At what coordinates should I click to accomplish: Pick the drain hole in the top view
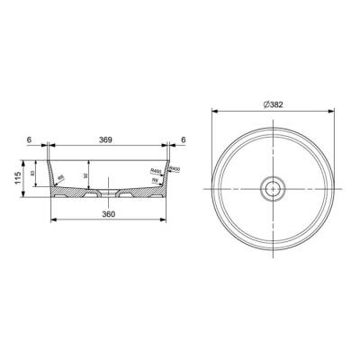(x=271, y=190)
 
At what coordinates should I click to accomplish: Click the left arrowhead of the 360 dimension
(x=50, y=219)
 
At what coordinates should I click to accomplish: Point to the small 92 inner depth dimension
(x=85, y=176)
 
